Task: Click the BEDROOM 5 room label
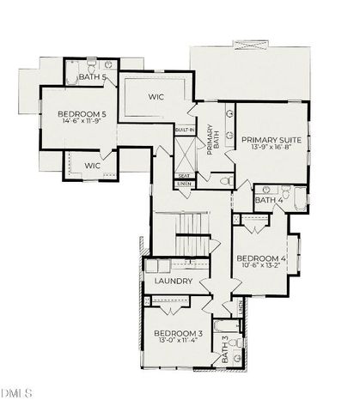82,113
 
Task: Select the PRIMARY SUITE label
268,139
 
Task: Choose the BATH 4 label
269,200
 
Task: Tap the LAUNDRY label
172,282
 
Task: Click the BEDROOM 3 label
179,333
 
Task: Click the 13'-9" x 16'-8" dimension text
268,148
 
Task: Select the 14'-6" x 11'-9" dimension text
82,122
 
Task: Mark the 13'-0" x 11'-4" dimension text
179,342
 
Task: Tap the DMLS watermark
16,393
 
